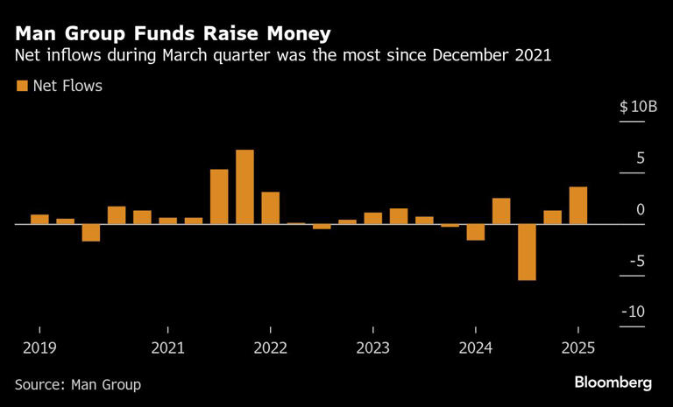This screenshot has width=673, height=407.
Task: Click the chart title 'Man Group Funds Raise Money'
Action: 172,33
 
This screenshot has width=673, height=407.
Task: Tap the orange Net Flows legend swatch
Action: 21,86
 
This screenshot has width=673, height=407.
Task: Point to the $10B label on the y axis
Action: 638,107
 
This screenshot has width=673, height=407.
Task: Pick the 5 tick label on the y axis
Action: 641,158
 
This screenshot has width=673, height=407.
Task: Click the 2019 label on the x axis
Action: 39,347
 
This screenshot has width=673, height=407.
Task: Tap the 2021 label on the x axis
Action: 168,347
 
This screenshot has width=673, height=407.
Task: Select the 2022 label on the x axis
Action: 271,347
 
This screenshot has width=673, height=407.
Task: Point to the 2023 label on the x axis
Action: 373,347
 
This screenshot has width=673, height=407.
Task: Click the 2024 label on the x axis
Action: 475,347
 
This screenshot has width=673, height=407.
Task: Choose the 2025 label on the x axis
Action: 577,347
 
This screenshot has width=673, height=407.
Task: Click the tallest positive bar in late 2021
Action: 244,186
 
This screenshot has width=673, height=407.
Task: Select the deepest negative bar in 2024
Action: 527,252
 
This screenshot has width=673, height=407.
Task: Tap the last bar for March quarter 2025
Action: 577,206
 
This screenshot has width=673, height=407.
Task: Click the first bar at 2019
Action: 39,219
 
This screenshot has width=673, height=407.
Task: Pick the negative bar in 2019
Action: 91,232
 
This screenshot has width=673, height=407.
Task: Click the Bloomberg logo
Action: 613,382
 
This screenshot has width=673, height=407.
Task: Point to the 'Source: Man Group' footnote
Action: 78,384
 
